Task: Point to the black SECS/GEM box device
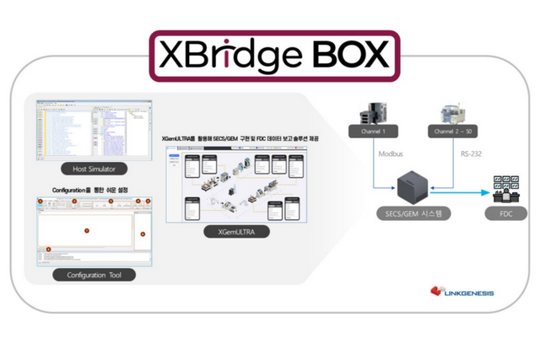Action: [413, 183]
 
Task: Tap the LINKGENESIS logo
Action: [462, 293]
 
